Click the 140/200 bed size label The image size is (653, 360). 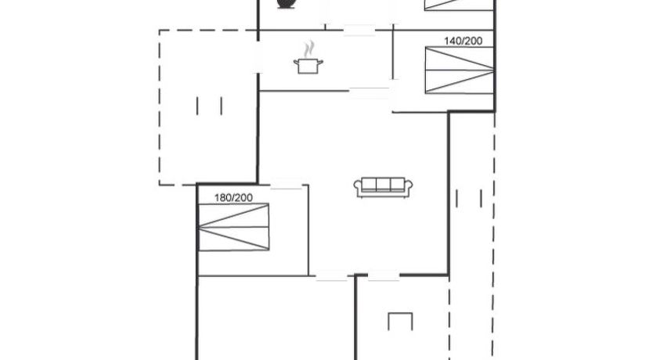click(463, 41)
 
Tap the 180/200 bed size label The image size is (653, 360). click(233, 198)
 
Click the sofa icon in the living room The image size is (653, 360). click(383, 187)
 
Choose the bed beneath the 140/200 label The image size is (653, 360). click(460, 70)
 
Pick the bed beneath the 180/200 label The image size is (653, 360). click(233, 227)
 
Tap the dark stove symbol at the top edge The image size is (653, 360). click(286, 4)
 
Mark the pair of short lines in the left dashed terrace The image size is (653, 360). click(209, 106)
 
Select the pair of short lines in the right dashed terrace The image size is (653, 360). click(469, 199)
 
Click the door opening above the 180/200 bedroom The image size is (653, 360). click(286, 185)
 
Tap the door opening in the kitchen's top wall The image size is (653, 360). click(359, 31)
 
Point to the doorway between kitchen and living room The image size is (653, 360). click(370, 91)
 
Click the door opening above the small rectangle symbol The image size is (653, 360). click(384, 275)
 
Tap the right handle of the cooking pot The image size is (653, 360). click(319, 62)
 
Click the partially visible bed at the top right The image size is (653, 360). click(459, 5)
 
